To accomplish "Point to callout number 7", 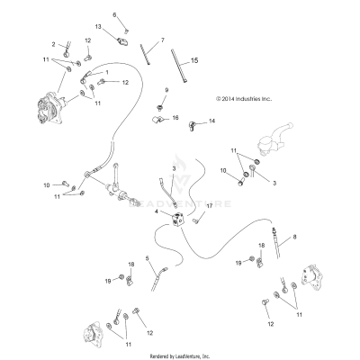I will point(162,40).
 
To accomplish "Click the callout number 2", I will point(53,43).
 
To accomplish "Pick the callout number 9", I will point(166,91).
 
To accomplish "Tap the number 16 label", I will point(175,118).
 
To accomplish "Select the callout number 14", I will point(212,121).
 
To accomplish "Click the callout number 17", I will point(208,206).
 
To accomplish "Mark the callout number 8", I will point(293,237).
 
